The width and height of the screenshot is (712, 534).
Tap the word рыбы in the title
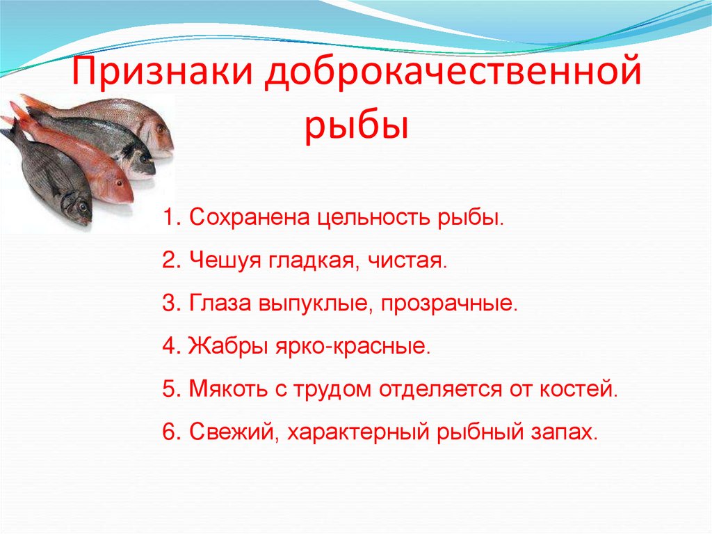[356, 127]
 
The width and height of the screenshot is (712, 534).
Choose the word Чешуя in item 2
[222, 260]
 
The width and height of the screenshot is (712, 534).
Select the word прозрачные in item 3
[448, 304]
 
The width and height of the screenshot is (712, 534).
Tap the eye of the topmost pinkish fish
[161, 129]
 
